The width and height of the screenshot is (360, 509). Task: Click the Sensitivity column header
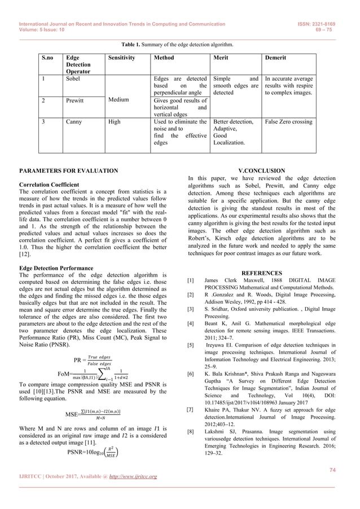click(121, 58)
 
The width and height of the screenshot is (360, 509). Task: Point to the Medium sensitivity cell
click(120, 100)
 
